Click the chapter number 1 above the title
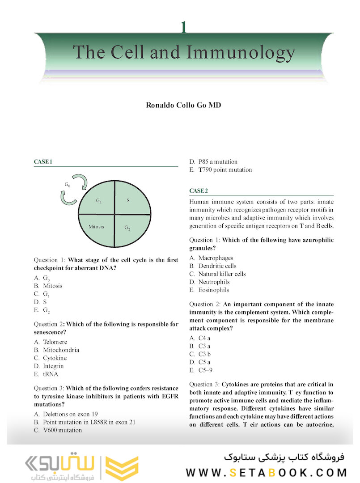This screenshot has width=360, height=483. (183, 28)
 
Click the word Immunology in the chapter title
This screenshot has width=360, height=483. (241, 53)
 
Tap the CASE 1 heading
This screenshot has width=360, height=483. (43, 161)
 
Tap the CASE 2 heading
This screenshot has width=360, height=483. (199, 191)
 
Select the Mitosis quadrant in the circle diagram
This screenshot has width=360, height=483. (96, 227)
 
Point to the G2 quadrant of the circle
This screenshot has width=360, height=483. (127, 228)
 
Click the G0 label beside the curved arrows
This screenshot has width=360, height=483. (68, 185)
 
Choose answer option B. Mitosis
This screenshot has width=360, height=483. (48, 286)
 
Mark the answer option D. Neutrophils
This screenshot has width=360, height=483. (209, 282)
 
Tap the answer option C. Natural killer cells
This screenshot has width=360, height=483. (217, 274)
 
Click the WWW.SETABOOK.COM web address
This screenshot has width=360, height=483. (267, 472)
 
